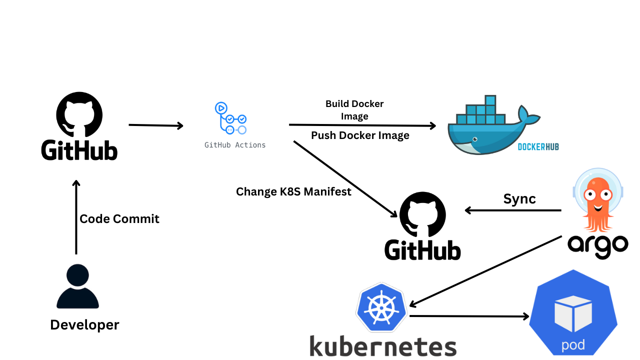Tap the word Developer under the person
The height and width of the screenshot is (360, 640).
(x=84, y=325)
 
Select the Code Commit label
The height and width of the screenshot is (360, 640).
(x=119, y=218)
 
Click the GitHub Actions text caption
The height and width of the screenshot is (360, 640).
(x=235, y=145)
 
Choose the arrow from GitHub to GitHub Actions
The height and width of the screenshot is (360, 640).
(x=156, y=125)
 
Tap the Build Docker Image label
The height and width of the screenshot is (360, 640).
(x=354, y=110)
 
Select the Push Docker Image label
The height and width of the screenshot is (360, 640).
(x=360, y=135)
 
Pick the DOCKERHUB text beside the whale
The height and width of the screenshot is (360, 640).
(x=538, y=146)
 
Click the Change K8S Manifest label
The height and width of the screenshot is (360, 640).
(x=293, y=191)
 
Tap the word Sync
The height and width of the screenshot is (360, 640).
(x=519, y=198)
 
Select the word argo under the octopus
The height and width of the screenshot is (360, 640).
(x=597, y=245)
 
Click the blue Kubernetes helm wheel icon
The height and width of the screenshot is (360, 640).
(x=381, y=307)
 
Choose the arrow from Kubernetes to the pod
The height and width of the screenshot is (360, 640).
(x=469, y=316)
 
